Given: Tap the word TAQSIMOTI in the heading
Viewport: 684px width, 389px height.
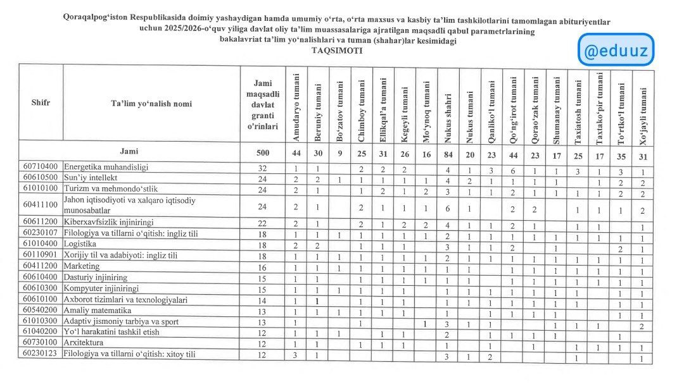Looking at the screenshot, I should pos(341,52).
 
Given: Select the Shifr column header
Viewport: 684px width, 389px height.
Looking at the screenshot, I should pos(41,103).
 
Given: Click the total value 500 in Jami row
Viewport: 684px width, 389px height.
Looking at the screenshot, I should pos(262,152).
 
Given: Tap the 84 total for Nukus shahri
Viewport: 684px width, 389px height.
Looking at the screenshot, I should pos(447,152).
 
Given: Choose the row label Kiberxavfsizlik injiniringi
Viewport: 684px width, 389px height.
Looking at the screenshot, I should pos(108,222).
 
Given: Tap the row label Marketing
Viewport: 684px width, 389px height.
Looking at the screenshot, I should pos(82,266).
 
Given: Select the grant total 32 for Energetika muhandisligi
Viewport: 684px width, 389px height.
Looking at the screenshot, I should pos(262,168).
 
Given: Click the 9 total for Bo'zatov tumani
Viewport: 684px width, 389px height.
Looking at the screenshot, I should pos(339,152).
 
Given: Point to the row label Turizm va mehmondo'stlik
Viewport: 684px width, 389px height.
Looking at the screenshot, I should pos(111,188).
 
